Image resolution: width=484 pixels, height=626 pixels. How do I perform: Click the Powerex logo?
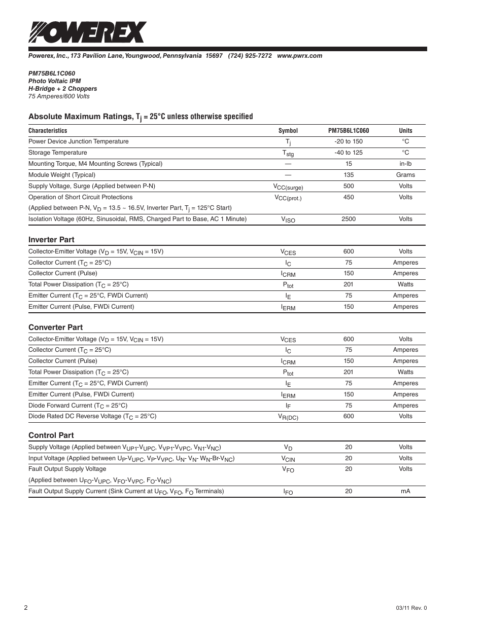87,32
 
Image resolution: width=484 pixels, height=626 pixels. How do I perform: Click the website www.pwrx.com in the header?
299,56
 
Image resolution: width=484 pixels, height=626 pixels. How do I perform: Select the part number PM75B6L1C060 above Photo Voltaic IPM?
52,73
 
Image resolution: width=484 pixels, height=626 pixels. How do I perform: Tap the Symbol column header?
288,131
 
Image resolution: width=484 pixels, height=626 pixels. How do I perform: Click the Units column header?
405,131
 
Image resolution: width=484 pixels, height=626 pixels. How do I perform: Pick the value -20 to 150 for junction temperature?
349,141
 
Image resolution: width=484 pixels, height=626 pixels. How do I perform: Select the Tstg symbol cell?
288,153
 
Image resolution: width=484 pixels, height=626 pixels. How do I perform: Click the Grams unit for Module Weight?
405,175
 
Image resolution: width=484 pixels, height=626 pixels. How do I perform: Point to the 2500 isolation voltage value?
349,219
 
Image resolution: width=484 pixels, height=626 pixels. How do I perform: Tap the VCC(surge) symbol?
288,187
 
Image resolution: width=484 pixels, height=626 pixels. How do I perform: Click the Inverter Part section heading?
51,240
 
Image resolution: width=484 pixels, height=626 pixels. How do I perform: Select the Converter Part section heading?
55,327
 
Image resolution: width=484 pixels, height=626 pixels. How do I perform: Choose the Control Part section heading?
51,435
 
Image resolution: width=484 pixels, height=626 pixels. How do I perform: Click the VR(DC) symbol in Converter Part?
288,417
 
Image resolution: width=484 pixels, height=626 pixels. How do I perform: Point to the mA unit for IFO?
405,491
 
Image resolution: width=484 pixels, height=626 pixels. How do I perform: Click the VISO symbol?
288,219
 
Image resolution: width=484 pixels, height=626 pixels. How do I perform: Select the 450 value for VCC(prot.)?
349,197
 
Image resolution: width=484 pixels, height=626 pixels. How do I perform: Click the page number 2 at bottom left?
25,608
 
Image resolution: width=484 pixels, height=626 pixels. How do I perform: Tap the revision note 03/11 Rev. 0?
411,608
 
